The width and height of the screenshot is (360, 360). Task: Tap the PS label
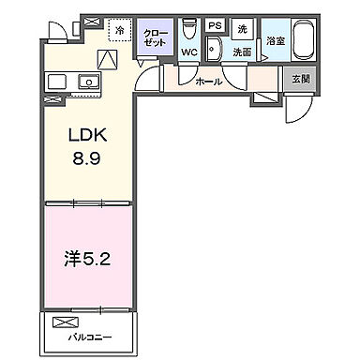tap(215, 25)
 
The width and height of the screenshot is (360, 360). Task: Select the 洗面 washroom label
tap(242, 53)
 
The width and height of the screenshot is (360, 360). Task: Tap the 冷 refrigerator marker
tap(120, 30)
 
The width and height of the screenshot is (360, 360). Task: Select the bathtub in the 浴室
tap(304, 42)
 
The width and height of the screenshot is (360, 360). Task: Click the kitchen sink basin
tap(90, 81)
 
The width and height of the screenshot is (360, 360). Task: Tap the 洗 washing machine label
tap(242, 27)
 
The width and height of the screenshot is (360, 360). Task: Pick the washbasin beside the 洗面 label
tap(214, 52)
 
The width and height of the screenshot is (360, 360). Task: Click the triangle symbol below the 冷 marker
tap(109, 58)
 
